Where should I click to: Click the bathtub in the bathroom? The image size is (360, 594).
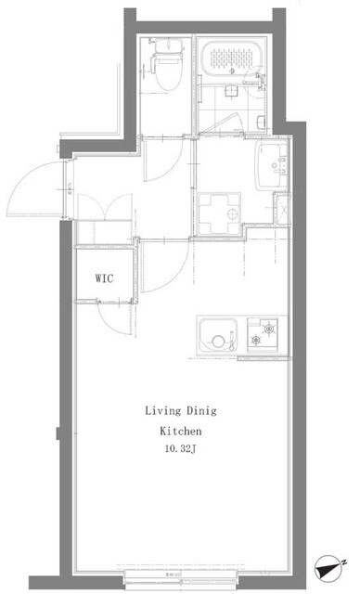coord(232,61)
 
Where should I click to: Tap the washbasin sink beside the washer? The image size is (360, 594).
coord(271,161)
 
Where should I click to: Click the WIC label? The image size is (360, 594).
coord(104,278)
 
